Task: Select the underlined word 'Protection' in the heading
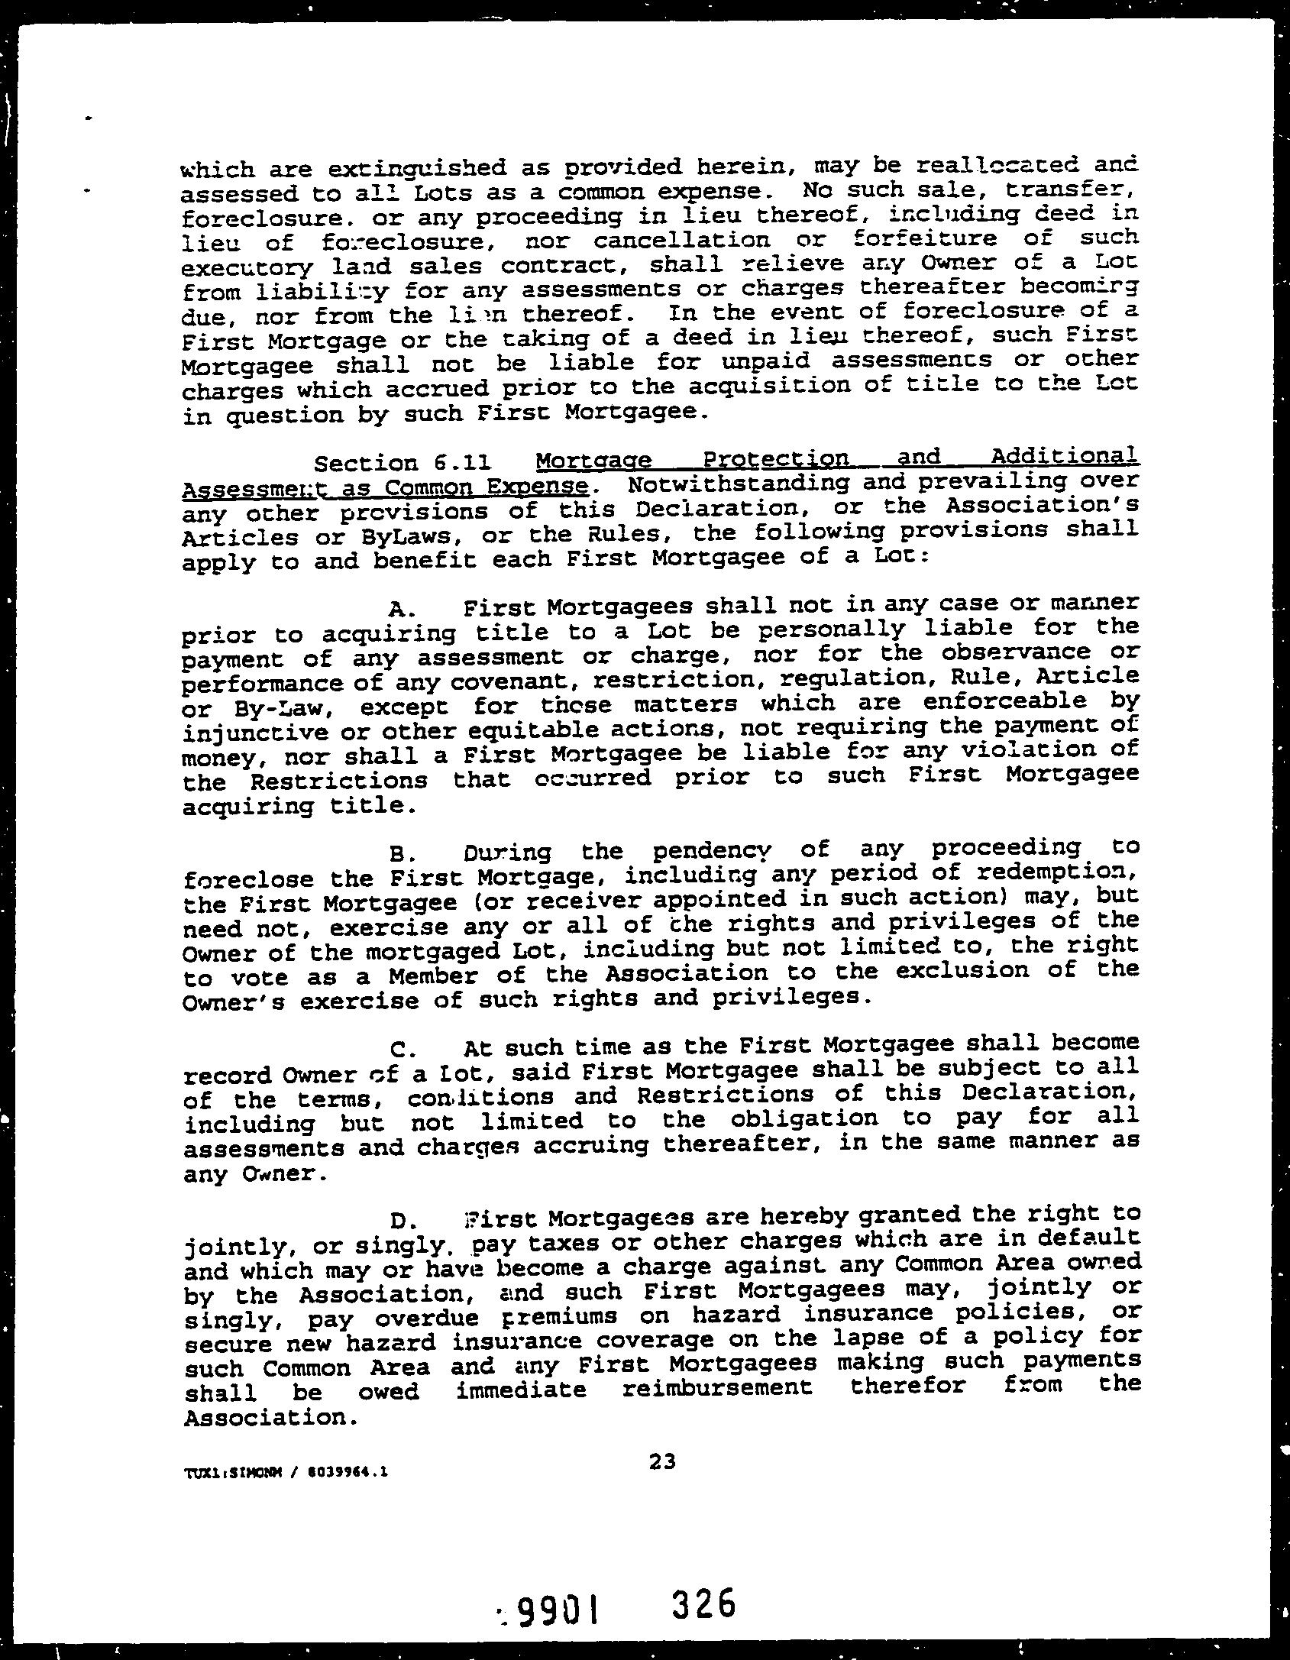click(775, 460)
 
